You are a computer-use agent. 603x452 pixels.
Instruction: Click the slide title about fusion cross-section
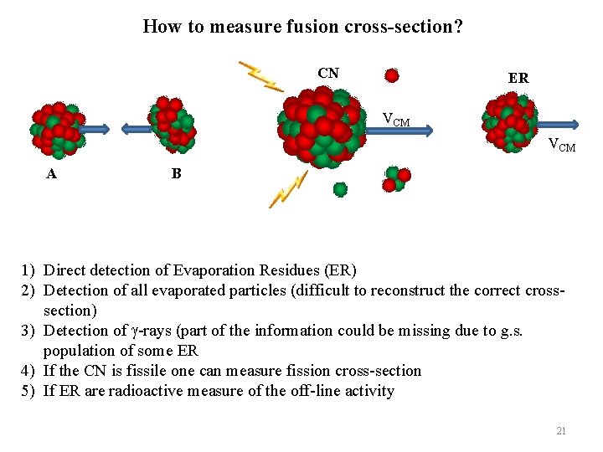tap(302, 27)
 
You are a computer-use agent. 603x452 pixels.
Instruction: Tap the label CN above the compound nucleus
tap(328, 74)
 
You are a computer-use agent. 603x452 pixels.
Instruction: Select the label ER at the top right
tap(518, 78)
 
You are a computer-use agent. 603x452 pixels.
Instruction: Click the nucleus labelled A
tap(56, 130)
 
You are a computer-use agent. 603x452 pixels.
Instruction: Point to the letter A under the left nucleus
tap(52, 174)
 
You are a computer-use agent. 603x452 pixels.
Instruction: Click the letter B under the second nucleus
tap(176, 174)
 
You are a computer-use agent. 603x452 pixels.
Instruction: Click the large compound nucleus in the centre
tap(322, 129)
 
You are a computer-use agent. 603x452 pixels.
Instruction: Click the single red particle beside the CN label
tap(391, 75)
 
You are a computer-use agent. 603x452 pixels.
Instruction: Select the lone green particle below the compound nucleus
tap(340, 189)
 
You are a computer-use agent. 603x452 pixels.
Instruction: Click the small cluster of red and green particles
tap(395, 179)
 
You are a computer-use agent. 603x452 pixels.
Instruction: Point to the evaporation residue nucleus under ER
tap(510, 122)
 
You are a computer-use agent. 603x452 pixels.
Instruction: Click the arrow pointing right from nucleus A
tap(95, 129)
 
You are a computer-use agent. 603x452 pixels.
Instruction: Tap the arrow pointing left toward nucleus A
tap(136, 129)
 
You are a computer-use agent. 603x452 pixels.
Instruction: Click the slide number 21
tap(561, 431)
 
